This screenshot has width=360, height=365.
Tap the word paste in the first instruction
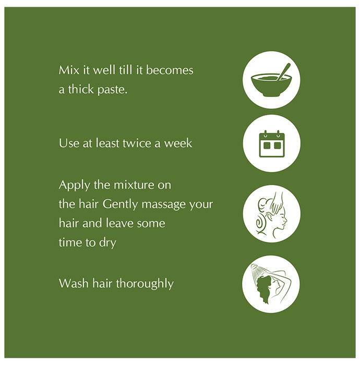[x=113, y=90]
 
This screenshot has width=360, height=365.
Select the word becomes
[x=170, y=70]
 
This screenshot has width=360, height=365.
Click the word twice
[x=137, y=143]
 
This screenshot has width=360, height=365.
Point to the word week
[x=178, y=143]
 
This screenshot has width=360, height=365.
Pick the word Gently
[x=121, y=205]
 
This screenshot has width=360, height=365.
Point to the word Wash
[x=74, y=284]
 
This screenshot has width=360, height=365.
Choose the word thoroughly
[x=145, y=284]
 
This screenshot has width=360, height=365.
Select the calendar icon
[x=272, y=143]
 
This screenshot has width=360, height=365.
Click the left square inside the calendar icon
[x=267, y=145]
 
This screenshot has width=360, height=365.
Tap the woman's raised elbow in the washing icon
[x=289, y=279]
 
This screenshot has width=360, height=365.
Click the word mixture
[x=134, y=186]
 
